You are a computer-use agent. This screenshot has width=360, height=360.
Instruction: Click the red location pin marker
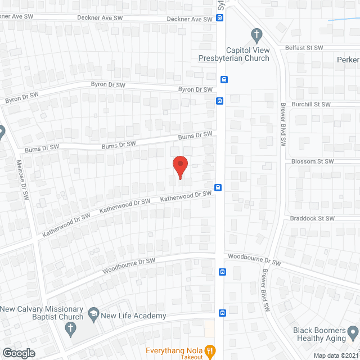click(x=180, y=167)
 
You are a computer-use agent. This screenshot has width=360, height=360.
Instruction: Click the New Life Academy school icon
click(x=93, y=311)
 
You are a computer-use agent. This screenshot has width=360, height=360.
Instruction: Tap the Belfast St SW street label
click(x=304, y=48)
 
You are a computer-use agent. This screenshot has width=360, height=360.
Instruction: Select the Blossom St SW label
click(x=313, y=161)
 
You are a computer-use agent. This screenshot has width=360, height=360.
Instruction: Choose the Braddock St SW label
click(x=313, y=218)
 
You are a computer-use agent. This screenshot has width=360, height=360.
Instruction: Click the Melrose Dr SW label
click(x=25, y=180)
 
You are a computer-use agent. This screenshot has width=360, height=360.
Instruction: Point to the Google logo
click(x=19, y=353)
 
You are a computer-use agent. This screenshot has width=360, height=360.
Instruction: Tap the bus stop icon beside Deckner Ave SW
click(x=220, y=17)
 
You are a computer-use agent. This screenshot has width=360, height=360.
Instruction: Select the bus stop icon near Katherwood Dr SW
click(x=217, y=187)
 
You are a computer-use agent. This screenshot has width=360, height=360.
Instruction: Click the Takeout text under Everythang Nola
click(x=191, y=357)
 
